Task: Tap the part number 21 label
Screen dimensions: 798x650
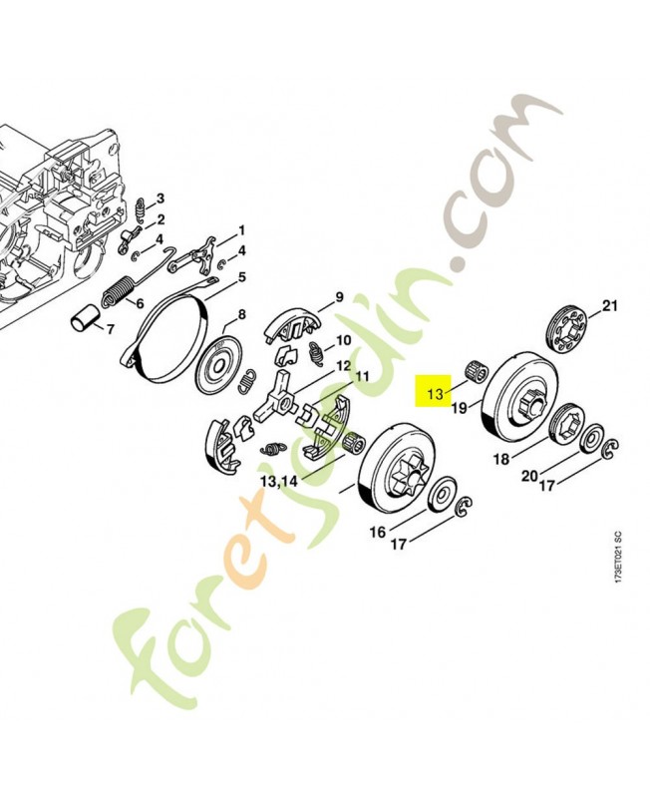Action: [x=611, y=304]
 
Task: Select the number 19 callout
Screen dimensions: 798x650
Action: [x=460, y=408]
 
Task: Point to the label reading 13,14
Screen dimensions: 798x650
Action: [x=278, y=482]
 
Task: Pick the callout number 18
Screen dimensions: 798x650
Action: [x=501, y=460]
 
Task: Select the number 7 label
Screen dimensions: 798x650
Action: [x=111, y=328]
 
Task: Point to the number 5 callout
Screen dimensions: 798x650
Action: [x=241, y=276]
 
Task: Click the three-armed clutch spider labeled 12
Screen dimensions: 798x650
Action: [x=281, y=398]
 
